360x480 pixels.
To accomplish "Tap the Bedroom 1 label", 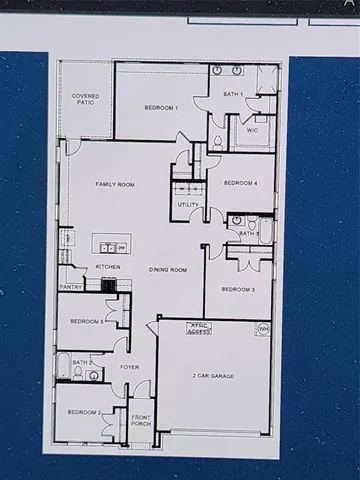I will click(161, 107).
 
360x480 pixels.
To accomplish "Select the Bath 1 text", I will click(233, 94).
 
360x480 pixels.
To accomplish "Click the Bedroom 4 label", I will click(240, 183).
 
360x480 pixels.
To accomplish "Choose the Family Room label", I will click(115, 185).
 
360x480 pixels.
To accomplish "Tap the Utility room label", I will click(188, 205).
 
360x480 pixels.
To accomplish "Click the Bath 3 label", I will click(247, 234).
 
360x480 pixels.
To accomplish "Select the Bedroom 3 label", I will click(237, 289).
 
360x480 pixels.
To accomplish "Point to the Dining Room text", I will click(168, 270).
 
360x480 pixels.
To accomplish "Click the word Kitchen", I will click(108, 267).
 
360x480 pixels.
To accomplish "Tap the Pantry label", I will click(70, 287).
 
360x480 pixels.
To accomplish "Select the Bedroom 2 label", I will click(84, 412).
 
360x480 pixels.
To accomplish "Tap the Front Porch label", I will click(141, 420).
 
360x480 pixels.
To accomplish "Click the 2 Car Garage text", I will click(212, 376).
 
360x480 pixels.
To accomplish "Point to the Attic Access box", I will click(200, 327).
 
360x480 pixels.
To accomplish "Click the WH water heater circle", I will click(263, 328).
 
